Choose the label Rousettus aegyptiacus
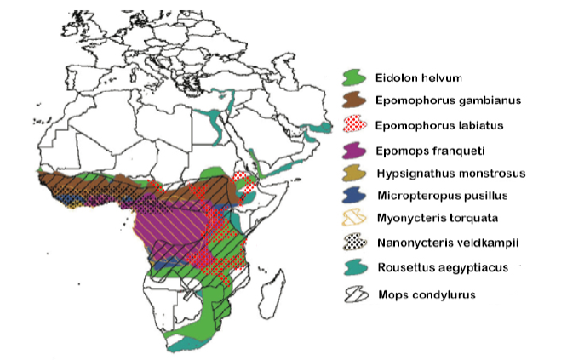(439, 269)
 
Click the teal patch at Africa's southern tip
(183, 346)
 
